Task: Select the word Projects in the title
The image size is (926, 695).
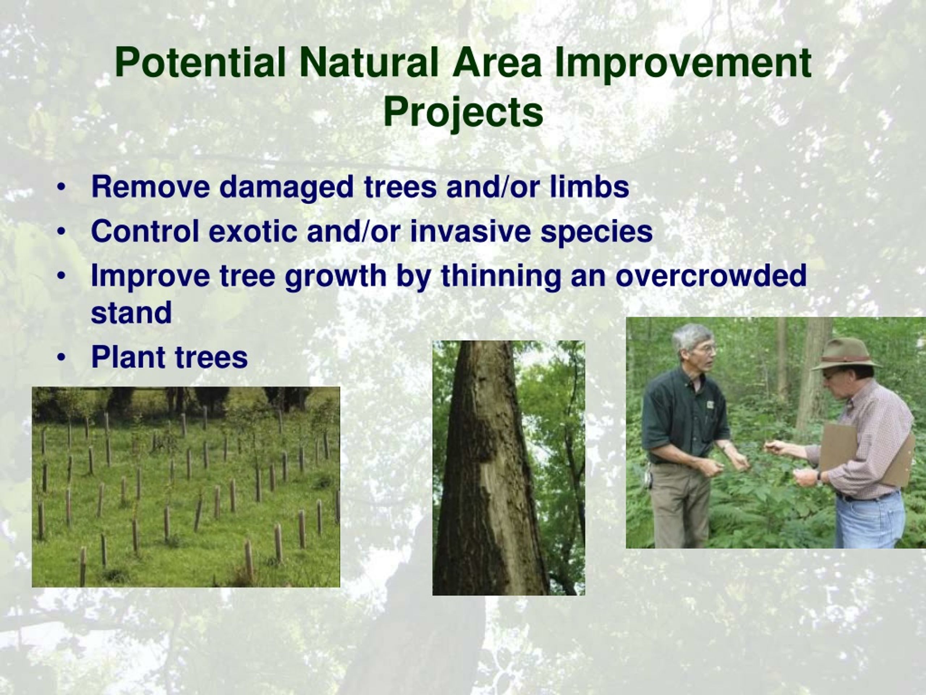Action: (463, 112)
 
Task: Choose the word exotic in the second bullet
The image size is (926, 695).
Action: (253, 231)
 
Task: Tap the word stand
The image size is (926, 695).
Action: (131, 312)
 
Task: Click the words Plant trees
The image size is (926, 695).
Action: (170, 357)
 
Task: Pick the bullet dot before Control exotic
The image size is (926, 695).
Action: (61, 232)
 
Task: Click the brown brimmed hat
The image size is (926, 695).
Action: (846, 354)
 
